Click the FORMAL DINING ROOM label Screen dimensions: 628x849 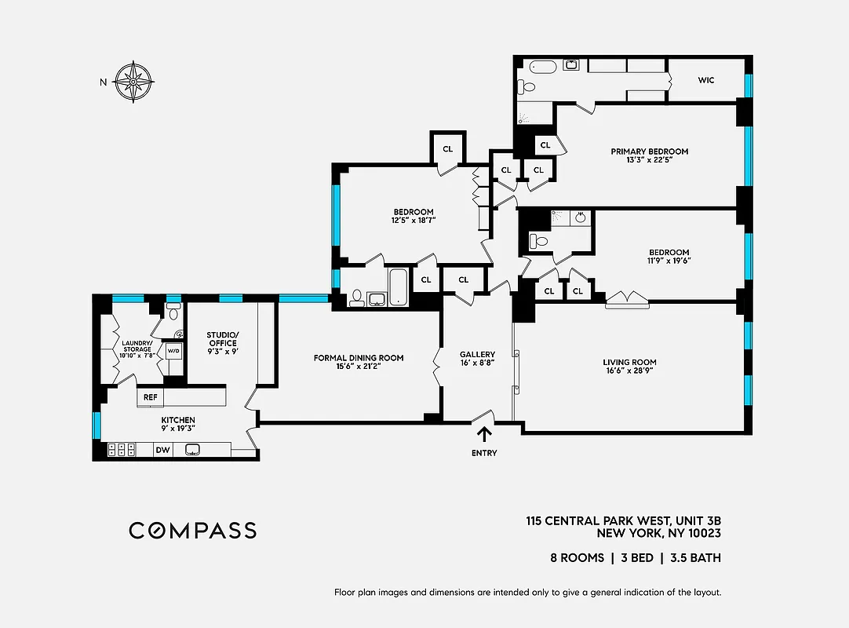pyautogui.click(x=359, y=358)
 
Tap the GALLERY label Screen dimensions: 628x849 pyautogui.click(x=477, y=354)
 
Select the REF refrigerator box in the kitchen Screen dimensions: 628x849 pyautogui.click(x=150, y=398)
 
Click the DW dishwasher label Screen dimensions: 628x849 pyautogui.click(x=162, y=450)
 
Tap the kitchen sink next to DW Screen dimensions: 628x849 pyautogui.click(x=193, y=450)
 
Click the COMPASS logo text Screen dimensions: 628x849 pyautogui.click(x=192, y=531)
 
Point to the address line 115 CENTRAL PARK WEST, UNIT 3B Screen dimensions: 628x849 pyautogui.click(x=623, y=520)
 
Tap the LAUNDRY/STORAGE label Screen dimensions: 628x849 pyautogui.click(x=137, y=345)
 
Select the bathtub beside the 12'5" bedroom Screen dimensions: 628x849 pyautogui.click(x=398, y=287)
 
